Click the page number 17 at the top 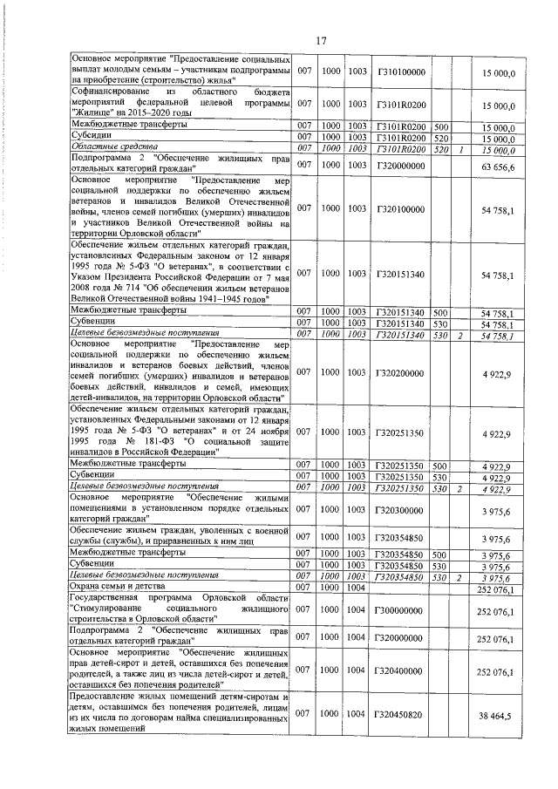(x=320, y=41)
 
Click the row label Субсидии (x=91, y=137)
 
